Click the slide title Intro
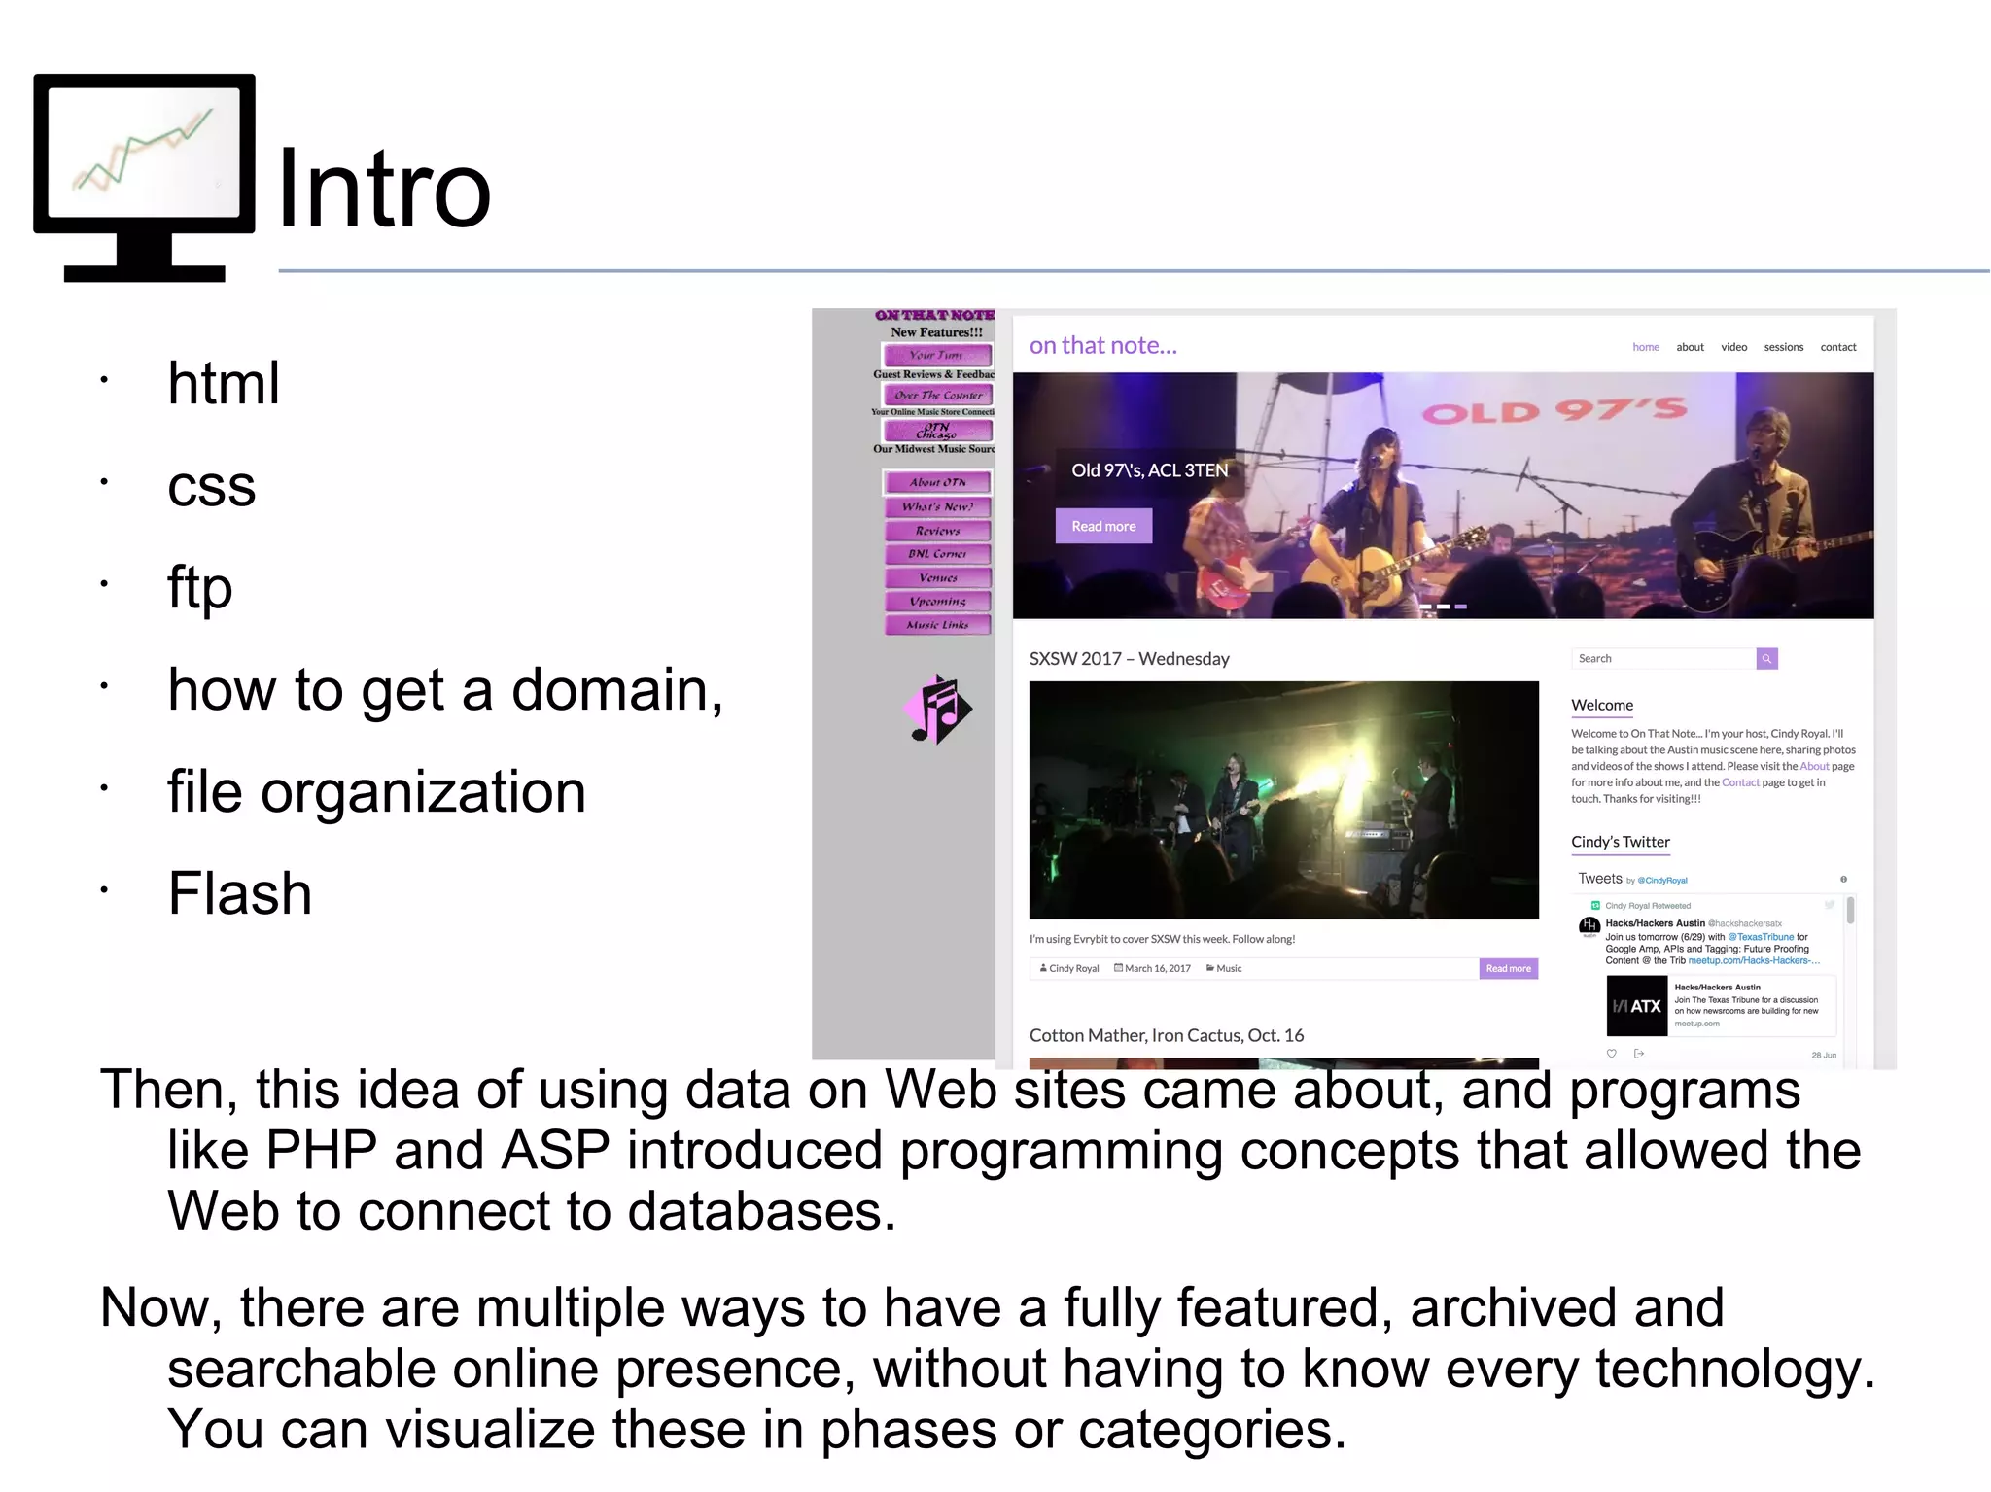(x=384, y=190)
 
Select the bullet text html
(x=224, y=383)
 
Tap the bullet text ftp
(x=200, y=587)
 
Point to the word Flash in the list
(x=240, y=893)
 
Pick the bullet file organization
(x=376, y=791)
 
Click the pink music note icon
(x=936, y=709)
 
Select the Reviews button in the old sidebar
(x=937, y=531)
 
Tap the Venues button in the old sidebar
(x=937, y=577)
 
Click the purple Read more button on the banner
(x=1103, y=526)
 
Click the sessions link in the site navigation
(x=1783, y=347)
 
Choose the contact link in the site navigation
(x=1837, y=347)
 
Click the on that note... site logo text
(x=1102, y=345)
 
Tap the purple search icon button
(x=1766, y=659)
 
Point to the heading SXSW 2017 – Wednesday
(x=1129, y=659)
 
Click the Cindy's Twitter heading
(x=1620, y=842)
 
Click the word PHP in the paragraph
(x=321, y=1151)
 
